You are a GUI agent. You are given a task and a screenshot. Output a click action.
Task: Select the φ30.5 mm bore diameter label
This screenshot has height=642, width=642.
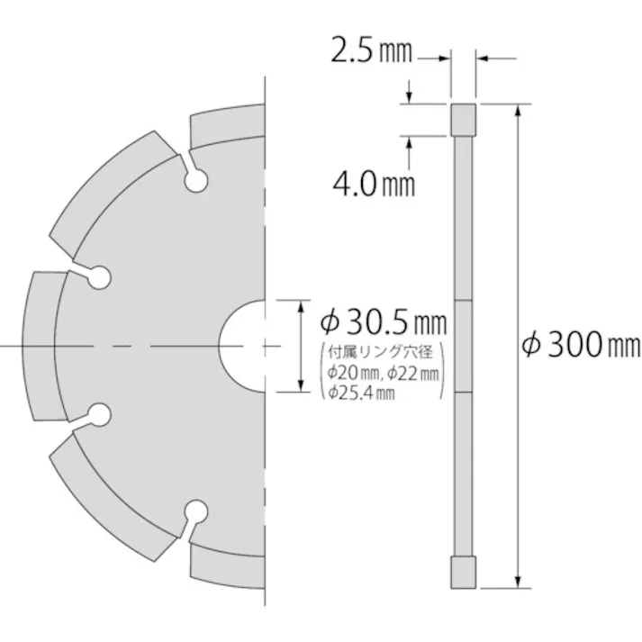(384, 319)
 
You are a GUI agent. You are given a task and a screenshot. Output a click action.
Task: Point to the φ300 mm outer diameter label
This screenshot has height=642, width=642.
(582, 344)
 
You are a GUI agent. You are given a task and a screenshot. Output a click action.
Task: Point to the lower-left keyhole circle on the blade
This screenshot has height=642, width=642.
(98, 414)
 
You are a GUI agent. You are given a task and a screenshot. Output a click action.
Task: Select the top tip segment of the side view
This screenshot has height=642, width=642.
(463, 120)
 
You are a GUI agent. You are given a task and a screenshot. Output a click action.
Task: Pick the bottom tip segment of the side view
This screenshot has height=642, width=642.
(463, 571)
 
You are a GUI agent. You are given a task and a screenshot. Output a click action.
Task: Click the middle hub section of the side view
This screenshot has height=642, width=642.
(463, 346)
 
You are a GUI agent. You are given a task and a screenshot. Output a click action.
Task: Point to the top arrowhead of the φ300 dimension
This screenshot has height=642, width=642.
(518, 111)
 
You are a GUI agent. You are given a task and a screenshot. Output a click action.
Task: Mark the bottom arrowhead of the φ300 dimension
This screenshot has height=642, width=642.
(518, 580)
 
